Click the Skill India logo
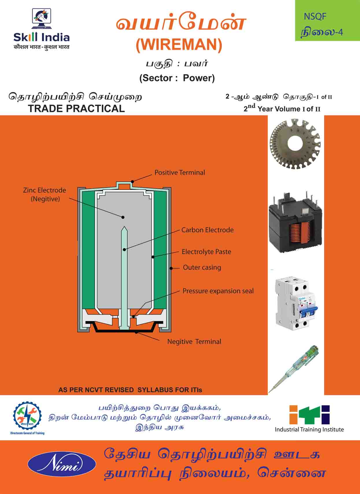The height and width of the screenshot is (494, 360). [41, 29]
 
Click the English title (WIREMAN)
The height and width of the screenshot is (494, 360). [179, 45]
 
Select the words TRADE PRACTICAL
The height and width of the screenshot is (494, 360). [76, 109]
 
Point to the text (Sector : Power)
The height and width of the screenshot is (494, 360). [177, 78]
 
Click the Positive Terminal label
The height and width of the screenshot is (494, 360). [180, 172]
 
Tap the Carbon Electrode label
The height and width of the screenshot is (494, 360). [207, 230]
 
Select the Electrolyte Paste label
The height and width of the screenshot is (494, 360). [206, 252]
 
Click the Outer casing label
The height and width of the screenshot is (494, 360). [202, 268]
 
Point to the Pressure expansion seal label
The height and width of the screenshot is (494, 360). [218, 291]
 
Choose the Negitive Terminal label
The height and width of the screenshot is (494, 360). [194, 342]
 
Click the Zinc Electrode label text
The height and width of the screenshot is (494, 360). [45, 194]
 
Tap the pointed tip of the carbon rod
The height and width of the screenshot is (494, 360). [124, 228]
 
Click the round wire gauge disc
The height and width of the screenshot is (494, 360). [295, 144]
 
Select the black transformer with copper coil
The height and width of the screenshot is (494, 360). [295, 223]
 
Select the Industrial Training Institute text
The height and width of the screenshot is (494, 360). [309, 429]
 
